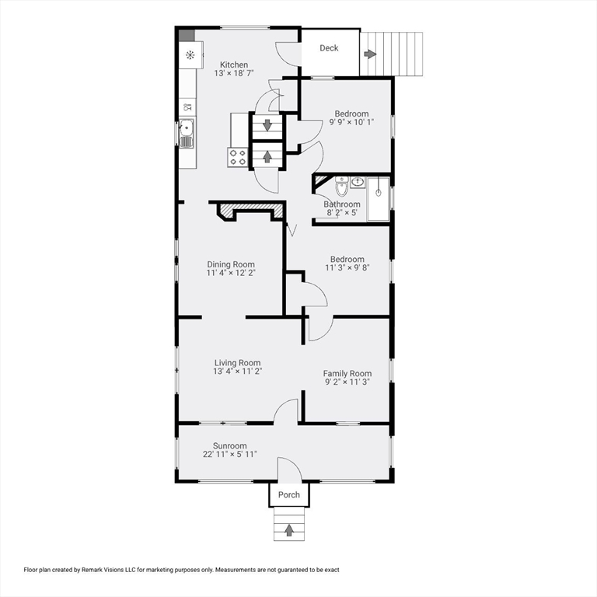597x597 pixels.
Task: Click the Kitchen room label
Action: (x=234, y=65)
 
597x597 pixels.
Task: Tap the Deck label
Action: (x=329, y=48)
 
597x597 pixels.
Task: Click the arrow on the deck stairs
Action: (x=370, y=54)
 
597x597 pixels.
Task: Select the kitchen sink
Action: (x=187, y=133)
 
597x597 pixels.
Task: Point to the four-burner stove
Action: (x=238, y=157)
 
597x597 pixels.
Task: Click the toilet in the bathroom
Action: (x=342, y=186)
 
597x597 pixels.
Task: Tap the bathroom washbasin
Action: (x=358, y=183)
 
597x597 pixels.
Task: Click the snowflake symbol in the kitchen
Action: (x=190, y=55)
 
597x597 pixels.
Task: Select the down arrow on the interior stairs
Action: (x=267, y=125)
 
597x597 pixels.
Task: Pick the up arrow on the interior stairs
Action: (x=267, y=156)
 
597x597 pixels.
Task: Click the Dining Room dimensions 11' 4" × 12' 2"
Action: (x=231, y=273)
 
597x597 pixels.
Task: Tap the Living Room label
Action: (x=238, y=363)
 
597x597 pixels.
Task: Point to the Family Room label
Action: (x=347, y=373)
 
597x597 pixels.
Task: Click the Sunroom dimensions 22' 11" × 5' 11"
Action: (x=230, y=454)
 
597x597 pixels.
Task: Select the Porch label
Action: (x=289, y=494)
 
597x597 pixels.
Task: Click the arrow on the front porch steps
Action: (x=289, y=530)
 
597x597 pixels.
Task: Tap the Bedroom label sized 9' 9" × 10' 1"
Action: (x=351, y=113)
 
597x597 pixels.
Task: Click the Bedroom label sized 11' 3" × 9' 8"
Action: (x=347, y=260)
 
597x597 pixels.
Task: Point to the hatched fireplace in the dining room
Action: (x=250, y=210)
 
